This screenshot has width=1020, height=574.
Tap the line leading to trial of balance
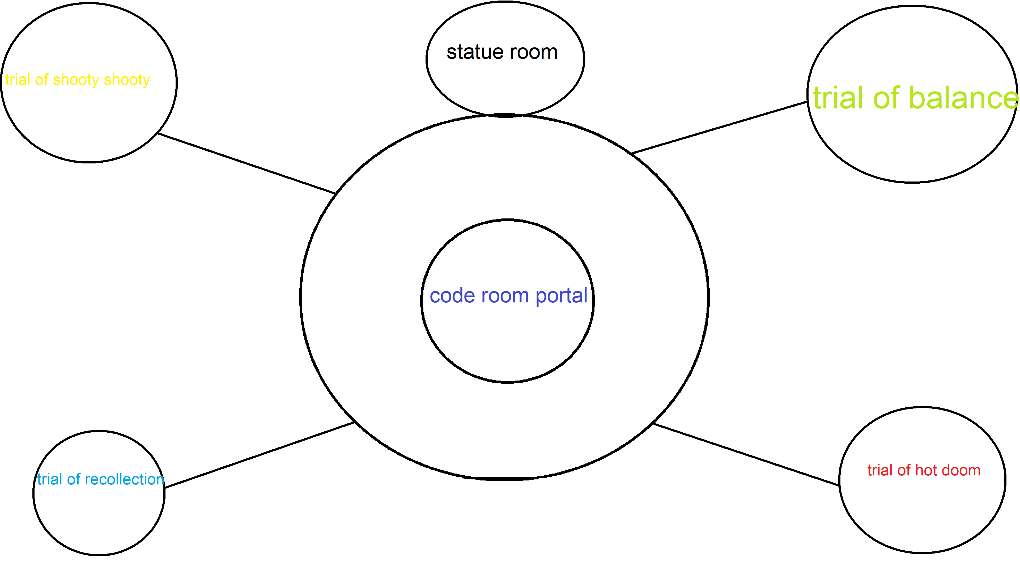719,128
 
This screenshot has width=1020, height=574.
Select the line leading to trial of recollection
259,455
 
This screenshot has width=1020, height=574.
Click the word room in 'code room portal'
505,296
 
